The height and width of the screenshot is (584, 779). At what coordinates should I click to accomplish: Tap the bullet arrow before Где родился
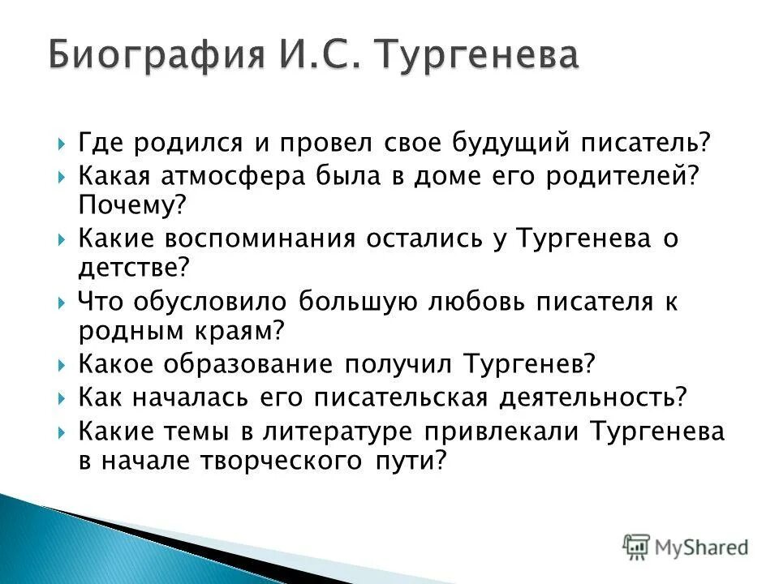[63, 144]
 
